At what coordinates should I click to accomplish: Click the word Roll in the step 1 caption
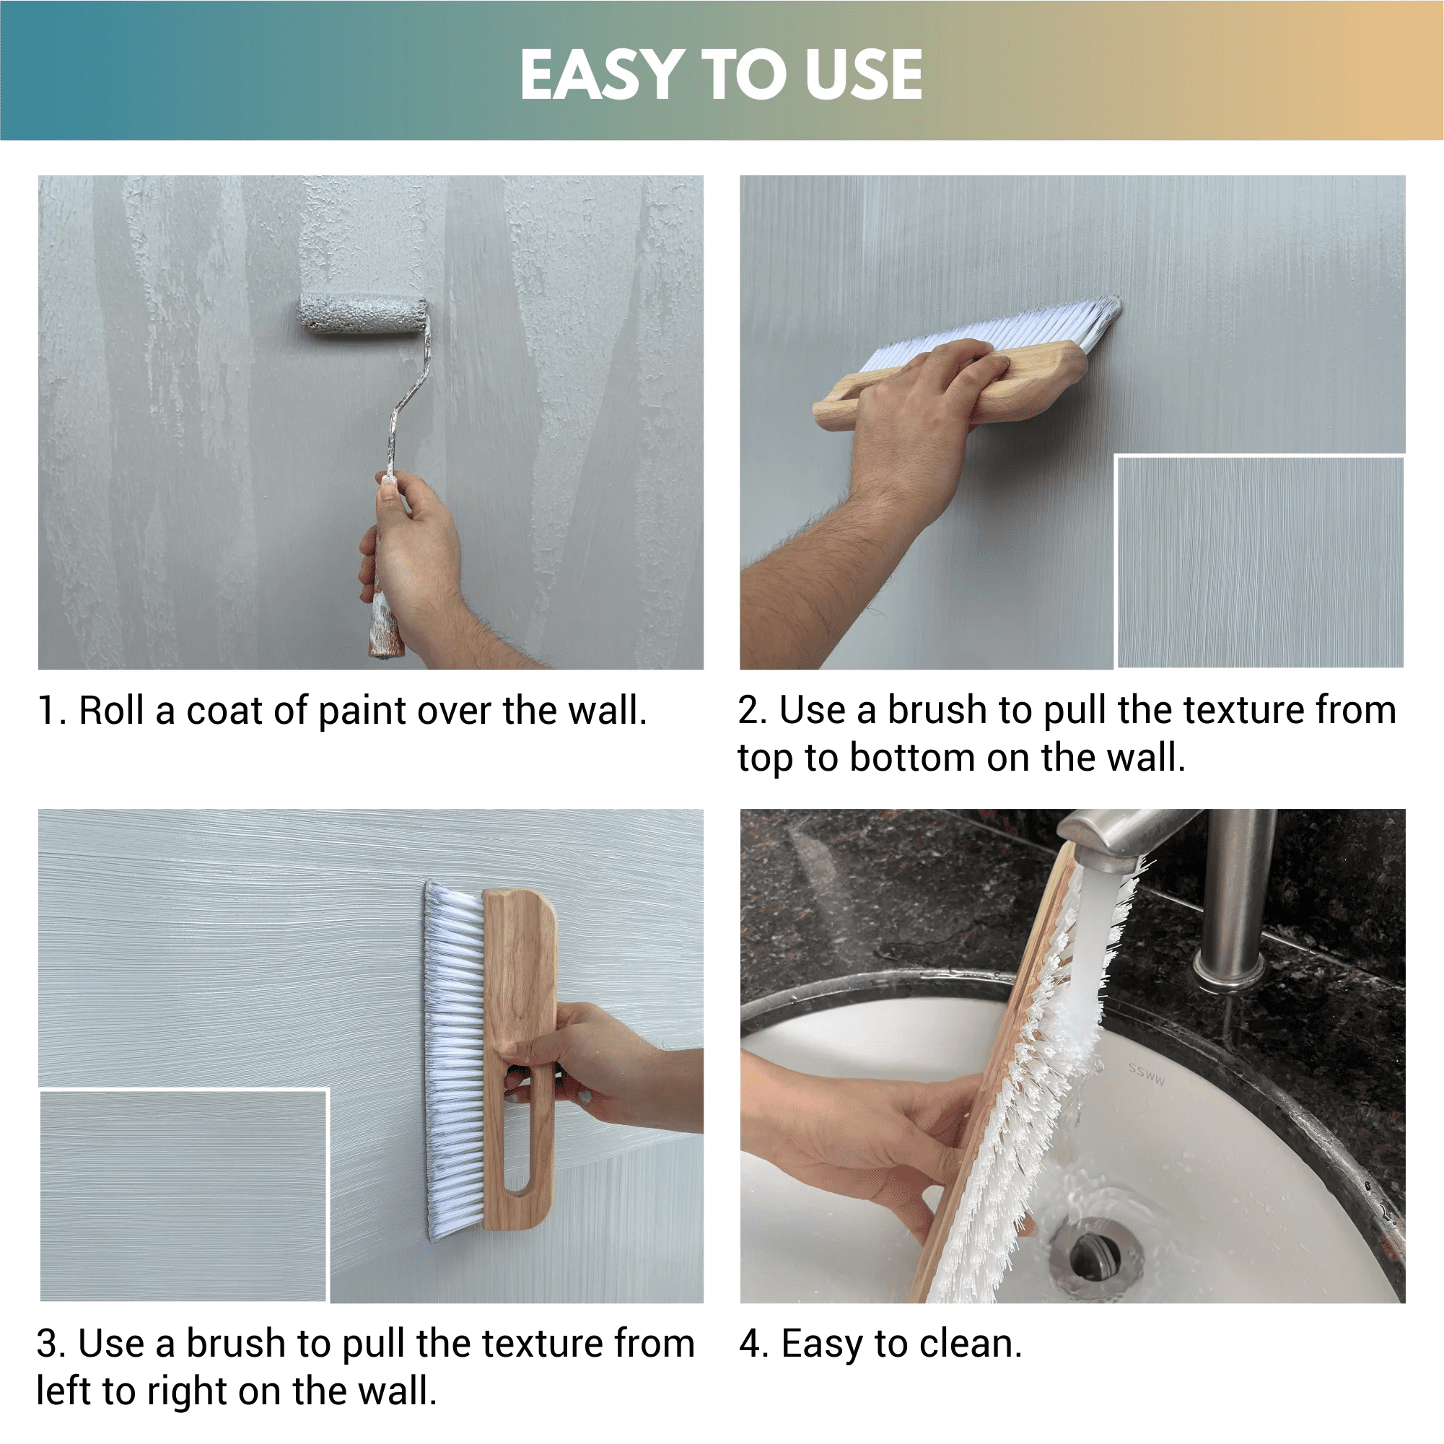point(111,710)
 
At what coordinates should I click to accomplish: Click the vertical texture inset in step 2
point(1260,561)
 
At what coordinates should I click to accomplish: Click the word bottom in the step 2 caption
point(913,758)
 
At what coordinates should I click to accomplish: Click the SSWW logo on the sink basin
point(1146,1074)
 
